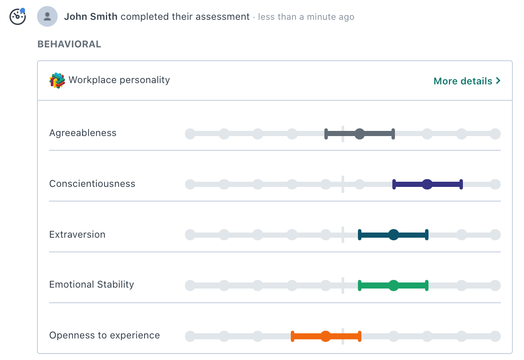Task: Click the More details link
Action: (467, 81)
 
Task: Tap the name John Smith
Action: (91, 17)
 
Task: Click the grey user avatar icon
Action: (47, 17)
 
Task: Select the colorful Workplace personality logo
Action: (57, 81)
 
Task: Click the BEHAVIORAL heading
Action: (69, 44)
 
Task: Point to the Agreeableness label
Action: (83, 133)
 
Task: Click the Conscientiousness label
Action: (92, 184)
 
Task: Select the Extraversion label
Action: (77, 235)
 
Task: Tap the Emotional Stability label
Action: (92, 285)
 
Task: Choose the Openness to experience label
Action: (105, 335)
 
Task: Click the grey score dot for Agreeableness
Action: (360, 134)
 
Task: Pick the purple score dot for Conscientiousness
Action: (427, 185)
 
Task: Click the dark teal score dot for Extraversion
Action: (393, 235)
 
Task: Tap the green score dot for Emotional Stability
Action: (393, 286)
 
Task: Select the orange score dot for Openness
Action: (326, 336)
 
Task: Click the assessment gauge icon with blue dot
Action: (18, 17)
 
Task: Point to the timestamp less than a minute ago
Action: (306, 17)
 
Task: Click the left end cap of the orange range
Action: (293, 336)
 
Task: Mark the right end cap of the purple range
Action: (461, 185)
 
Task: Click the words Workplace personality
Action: (119, 80)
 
